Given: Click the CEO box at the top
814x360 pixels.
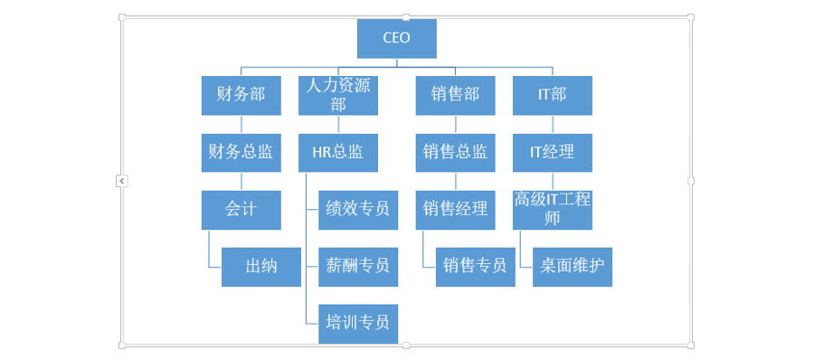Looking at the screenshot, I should [396, 38].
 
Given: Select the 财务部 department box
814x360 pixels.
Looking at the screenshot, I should [241, 95].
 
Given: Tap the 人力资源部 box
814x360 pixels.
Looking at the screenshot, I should [338, 95].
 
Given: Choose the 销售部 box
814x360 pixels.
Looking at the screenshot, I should [455, 95].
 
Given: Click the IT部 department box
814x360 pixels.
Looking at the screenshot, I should [552, 95].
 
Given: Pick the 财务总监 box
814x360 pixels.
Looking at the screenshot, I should [241, 152].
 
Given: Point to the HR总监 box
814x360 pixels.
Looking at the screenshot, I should [338, 152].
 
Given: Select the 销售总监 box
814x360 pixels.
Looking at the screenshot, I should [455, 152].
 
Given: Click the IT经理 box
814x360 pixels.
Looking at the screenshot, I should [552, 152].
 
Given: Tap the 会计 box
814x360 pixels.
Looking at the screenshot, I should [241, 209].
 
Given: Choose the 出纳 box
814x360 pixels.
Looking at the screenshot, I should [261, 266].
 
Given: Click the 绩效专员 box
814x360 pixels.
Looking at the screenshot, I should [358, 209].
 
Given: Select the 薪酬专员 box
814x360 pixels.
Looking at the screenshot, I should [358, 266].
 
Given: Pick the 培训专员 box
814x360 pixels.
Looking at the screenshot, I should [358, 322].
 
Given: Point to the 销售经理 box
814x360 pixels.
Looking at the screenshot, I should [455, 209].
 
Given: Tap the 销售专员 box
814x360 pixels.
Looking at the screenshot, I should [475, 266].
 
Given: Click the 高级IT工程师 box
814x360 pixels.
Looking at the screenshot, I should [552, 209].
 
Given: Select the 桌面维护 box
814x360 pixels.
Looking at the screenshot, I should [573, 266].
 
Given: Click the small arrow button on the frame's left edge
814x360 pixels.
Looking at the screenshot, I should [122, 181].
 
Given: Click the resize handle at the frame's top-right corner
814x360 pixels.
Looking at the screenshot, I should [691, 17].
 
